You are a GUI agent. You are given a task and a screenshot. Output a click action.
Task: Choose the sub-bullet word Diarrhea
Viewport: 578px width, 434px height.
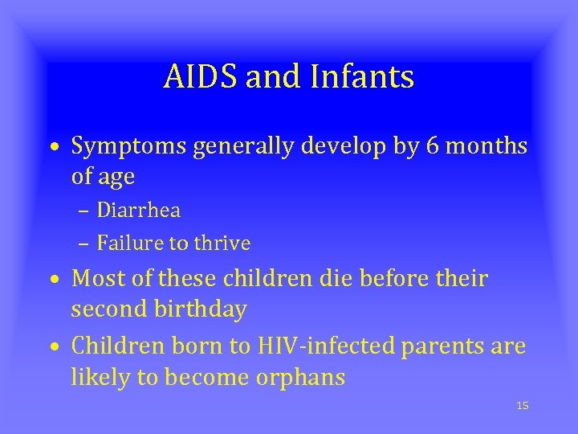point(138,211)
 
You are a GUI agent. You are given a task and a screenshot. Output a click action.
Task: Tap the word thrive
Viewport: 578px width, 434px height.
point(222,243)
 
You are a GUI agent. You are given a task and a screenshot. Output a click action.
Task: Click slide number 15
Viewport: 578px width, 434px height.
point(523,406)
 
